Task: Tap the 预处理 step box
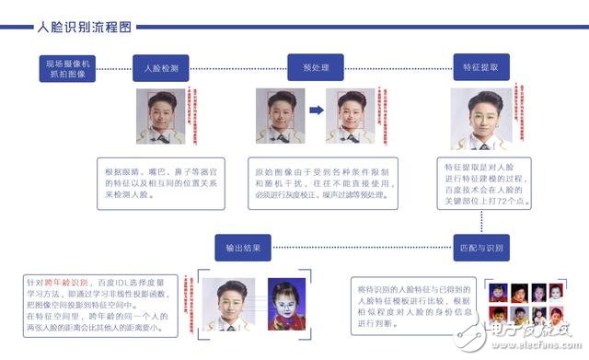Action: coord(316,67)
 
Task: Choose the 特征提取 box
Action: coord(479,67)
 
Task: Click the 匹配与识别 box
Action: coord(479,248)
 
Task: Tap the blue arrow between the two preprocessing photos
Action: coord(316,111)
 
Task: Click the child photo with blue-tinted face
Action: coord(285,304)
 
